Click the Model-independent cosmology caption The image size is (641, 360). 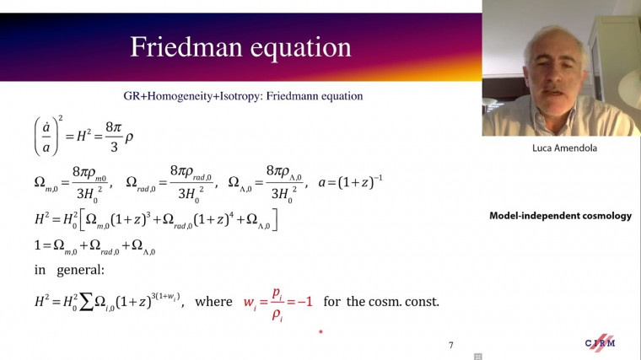point(560,216)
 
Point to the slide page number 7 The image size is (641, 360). point(451,345)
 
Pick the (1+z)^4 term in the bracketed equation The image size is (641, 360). point(212,221)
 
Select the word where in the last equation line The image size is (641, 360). point(215,301)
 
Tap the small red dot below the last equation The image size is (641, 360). point(320,333)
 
